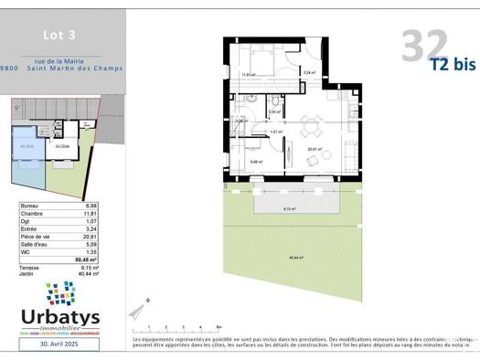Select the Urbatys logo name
click(x=60, y=317)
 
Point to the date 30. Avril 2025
click(x=61, y=344)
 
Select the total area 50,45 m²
click(x=87, y=259)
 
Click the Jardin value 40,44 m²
click(x=88, y=273)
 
